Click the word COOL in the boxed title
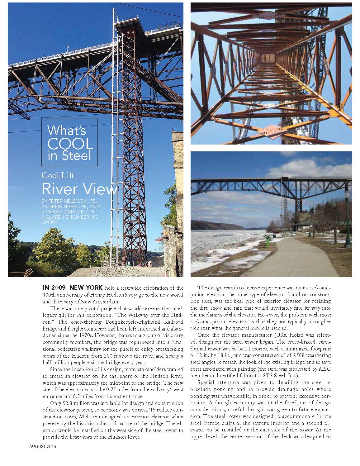pyautogui.click(x=70, y=144)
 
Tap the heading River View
pyautogui.click(x=80, y=189)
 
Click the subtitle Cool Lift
pyautogui.click(x=58, y=175)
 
